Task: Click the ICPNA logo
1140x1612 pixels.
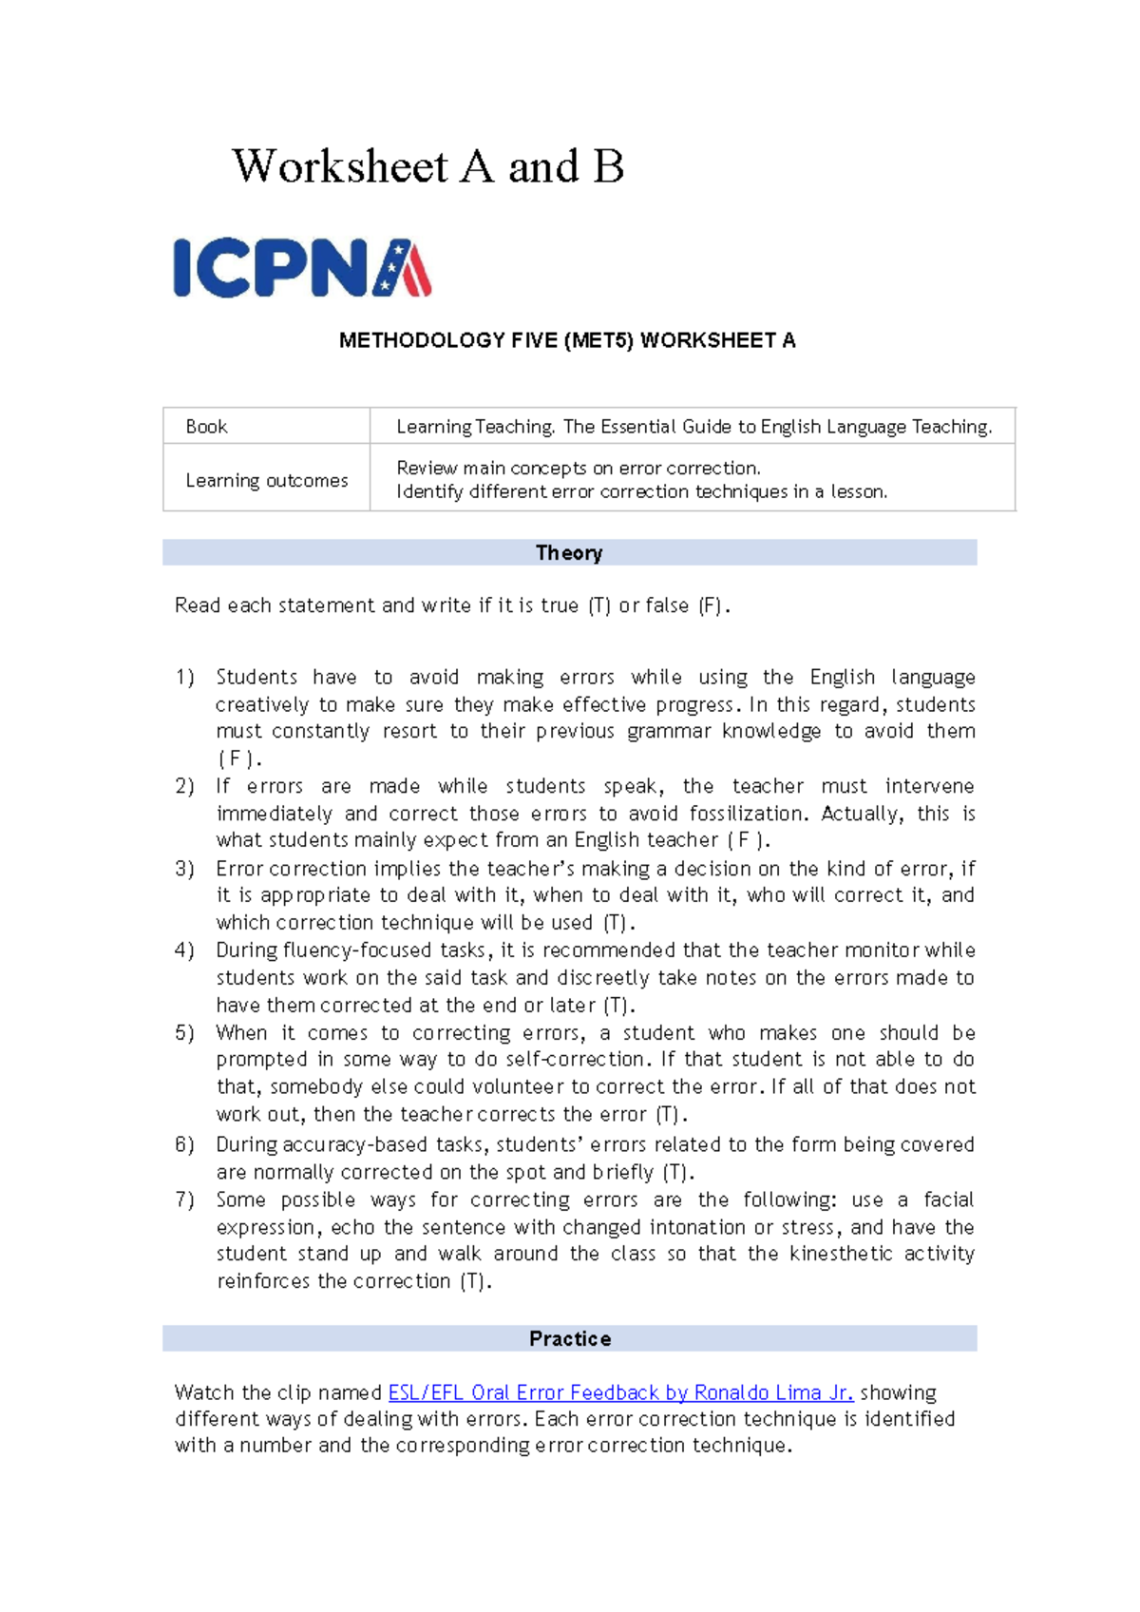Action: [302, 268]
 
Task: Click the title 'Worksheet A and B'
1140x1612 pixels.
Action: [428, 166]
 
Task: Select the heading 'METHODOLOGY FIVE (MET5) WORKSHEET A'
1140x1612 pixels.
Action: [567, 340]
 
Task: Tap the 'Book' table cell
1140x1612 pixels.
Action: [207, 427]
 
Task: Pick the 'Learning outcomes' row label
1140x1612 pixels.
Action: [267, 480]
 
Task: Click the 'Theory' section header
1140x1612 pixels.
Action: [569, 553]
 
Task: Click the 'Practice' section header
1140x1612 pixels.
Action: [570, 1338]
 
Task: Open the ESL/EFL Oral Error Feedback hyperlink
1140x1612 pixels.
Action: [620, 1392]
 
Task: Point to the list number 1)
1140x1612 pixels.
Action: [185, 678]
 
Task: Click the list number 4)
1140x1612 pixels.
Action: [185, 950]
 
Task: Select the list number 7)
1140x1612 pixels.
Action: [185, 1199]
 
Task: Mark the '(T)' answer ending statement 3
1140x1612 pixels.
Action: [616, 923]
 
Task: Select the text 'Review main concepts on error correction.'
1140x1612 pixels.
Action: [579, 468]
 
